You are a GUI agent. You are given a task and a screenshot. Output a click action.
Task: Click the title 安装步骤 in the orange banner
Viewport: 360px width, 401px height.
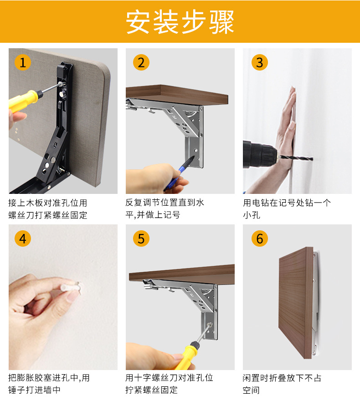180,22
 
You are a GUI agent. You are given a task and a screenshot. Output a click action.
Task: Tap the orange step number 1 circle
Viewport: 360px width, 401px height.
23,62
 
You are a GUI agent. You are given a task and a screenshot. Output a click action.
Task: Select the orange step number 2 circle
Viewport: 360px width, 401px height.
141,62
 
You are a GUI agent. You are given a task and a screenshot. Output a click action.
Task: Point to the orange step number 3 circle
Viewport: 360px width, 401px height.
260,62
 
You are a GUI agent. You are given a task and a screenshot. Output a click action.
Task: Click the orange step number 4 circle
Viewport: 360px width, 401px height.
23,239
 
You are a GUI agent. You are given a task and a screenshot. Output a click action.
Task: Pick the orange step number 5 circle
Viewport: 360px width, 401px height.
141,239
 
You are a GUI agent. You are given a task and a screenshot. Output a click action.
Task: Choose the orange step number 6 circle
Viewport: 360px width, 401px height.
260,239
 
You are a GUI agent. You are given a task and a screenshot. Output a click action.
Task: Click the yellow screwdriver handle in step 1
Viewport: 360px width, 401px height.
24,100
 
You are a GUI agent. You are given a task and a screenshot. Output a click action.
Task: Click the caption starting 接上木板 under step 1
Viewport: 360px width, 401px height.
48,209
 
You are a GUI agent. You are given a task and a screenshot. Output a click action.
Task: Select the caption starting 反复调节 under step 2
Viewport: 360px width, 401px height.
165,208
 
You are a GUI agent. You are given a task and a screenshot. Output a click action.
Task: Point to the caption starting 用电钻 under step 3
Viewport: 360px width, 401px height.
287,208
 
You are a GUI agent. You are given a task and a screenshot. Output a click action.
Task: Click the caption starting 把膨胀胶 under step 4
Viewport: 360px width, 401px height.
49,384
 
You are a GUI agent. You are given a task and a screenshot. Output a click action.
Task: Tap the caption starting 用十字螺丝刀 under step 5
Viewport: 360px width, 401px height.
169,384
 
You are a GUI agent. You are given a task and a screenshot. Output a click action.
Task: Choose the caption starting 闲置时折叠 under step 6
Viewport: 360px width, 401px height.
282,384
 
